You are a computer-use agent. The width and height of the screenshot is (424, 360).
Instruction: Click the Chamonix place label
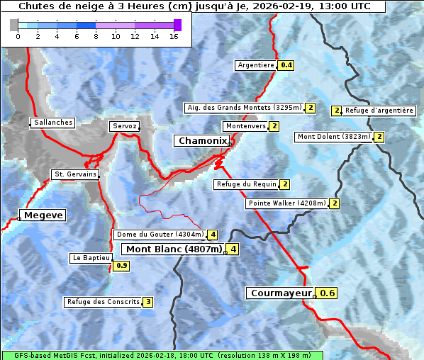(x=201, y=141)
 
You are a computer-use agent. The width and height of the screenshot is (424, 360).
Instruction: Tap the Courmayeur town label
(x=281, y=293)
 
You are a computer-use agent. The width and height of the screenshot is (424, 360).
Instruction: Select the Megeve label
(x=43, y=215)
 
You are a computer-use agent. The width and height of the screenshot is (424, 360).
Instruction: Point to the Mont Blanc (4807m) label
(x=174, y=249)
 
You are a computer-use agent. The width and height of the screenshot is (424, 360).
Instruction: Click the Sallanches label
(x=53, y=123)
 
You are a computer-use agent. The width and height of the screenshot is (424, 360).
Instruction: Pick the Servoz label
(x=125, y=126)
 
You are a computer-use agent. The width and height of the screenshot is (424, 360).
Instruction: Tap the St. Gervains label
(x=75, y=174)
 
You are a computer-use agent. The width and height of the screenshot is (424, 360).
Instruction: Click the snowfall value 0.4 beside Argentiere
(x=286, y=65)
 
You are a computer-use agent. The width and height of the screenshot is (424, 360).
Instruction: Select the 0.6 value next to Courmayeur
(x=327, y=293)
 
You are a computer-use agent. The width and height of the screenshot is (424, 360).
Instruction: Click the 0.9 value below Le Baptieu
(x=122, y=266)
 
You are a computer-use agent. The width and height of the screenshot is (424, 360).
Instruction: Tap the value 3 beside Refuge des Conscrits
(x=147, y=302)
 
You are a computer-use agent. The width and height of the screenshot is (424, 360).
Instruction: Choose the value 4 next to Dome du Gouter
(x=212, y=235)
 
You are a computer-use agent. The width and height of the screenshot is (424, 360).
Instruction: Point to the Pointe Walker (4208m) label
(x=287, y=203)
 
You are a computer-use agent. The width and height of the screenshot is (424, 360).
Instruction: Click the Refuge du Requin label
(x=245, y=184)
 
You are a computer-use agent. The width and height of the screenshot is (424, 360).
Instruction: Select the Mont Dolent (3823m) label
(x=334, y=137)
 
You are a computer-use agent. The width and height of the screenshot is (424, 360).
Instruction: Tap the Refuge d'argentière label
(x=379, y=111)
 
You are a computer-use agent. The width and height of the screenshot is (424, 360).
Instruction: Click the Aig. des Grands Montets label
(x=244, y=108)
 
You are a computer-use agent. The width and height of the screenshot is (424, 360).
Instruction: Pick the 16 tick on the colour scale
(x=173, y=36)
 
